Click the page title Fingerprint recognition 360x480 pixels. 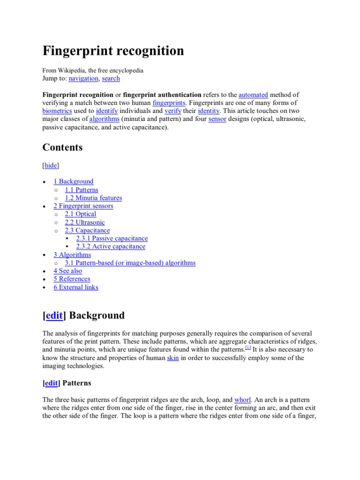[x=113, y=51]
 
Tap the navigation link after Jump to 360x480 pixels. [x=83, y=78]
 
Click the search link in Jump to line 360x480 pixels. [x=111, y=78]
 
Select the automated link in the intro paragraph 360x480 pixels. [x=253, y=94]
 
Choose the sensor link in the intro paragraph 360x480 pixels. [x=217, y=119]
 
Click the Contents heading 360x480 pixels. [x=62, y=147]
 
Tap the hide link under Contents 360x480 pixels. [x=51, y=165]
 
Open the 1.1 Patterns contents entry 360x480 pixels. [x=82, y=190]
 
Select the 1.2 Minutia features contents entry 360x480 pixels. [x=93, y=198]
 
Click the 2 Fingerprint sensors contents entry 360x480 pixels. [x=83, y=206]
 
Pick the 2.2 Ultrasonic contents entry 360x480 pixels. [x=85, y=222]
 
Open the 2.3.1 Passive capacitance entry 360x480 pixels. [x=112, y=239]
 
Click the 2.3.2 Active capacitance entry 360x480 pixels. [x=111, y=247]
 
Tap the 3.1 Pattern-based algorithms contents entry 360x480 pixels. [x=130, y=263]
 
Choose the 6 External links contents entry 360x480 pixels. [x=76, y=287]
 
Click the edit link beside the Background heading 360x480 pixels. [x=54, y=315]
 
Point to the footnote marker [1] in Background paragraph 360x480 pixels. [x=248, y=347]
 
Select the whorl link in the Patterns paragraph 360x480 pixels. [x=243, y=400]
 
